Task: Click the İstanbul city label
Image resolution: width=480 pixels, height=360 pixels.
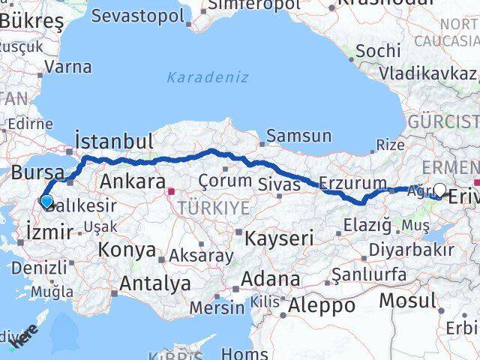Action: [x=114, y=140]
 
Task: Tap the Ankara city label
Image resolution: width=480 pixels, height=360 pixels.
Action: [x=132, y=181]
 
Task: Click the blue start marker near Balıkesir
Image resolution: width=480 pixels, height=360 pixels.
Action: [x=46, y=201]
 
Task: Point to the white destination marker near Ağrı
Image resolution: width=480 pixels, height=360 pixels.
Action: [x=440, y=190]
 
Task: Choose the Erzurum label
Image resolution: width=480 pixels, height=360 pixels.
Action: [x=352, y=182]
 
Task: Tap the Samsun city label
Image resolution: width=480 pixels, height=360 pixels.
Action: [x=298, y=136]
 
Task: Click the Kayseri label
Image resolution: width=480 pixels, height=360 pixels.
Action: [x=280, y=238]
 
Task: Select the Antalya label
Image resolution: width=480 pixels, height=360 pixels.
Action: [x=154, y=283]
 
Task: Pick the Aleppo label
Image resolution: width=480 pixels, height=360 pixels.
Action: [x=322, y=305]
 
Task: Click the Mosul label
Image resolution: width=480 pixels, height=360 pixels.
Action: [x=406, y=300]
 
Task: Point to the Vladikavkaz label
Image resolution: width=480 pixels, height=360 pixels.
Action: [x=427, y=73]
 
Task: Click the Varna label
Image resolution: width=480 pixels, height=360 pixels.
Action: [x=67, y=67]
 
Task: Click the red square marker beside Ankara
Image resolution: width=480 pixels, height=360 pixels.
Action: [x=172, y=190]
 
